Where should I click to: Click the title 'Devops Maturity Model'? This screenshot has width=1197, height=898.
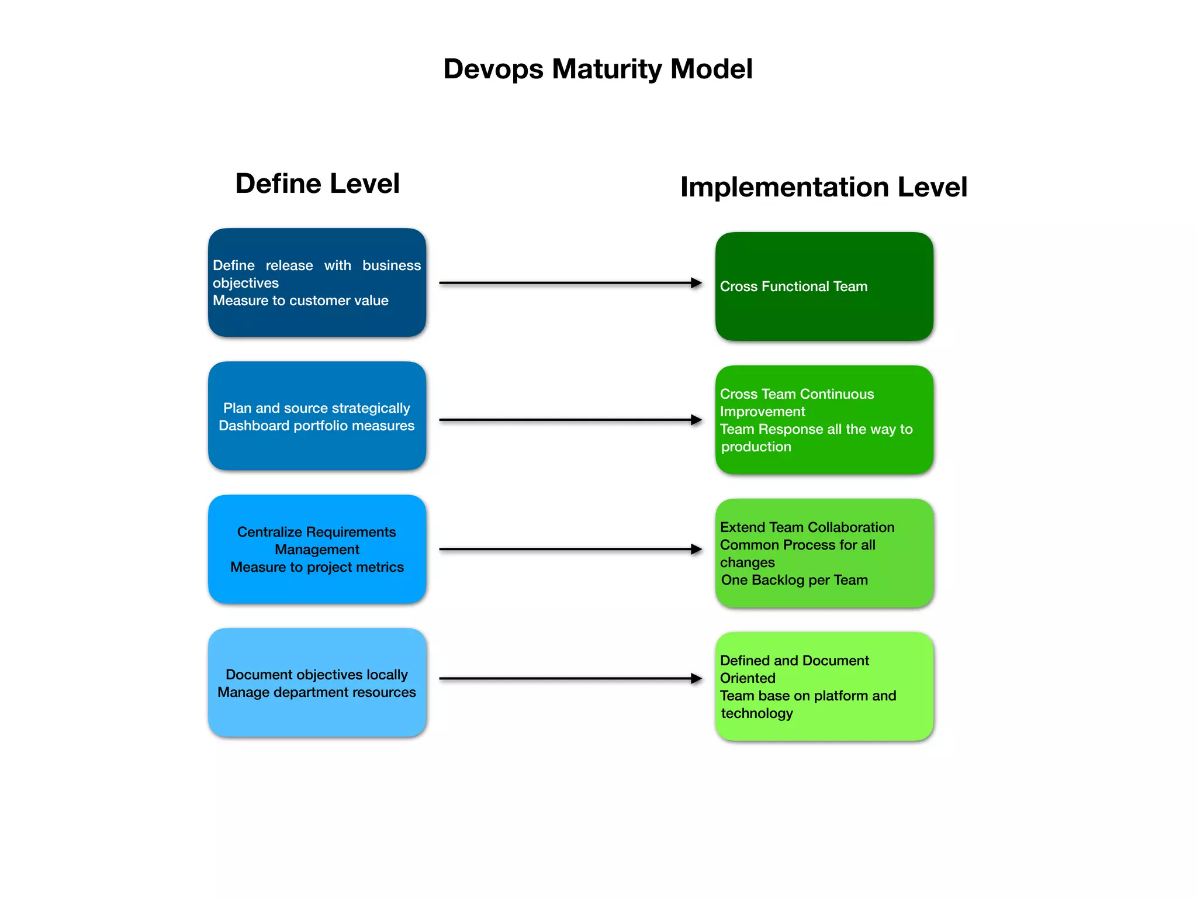597,69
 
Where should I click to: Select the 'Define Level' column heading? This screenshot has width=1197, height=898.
317,184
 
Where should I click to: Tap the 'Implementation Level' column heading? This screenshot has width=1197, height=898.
824,187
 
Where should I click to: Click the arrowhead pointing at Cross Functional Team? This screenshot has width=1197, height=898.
696,283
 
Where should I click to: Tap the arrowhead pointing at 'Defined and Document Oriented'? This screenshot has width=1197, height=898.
696,678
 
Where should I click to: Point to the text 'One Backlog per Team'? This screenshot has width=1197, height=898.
794,580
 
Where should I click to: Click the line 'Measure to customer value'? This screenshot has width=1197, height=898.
300,301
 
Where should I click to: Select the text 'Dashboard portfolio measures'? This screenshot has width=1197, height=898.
316,426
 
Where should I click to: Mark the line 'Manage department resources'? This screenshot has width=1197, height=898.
316,692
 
